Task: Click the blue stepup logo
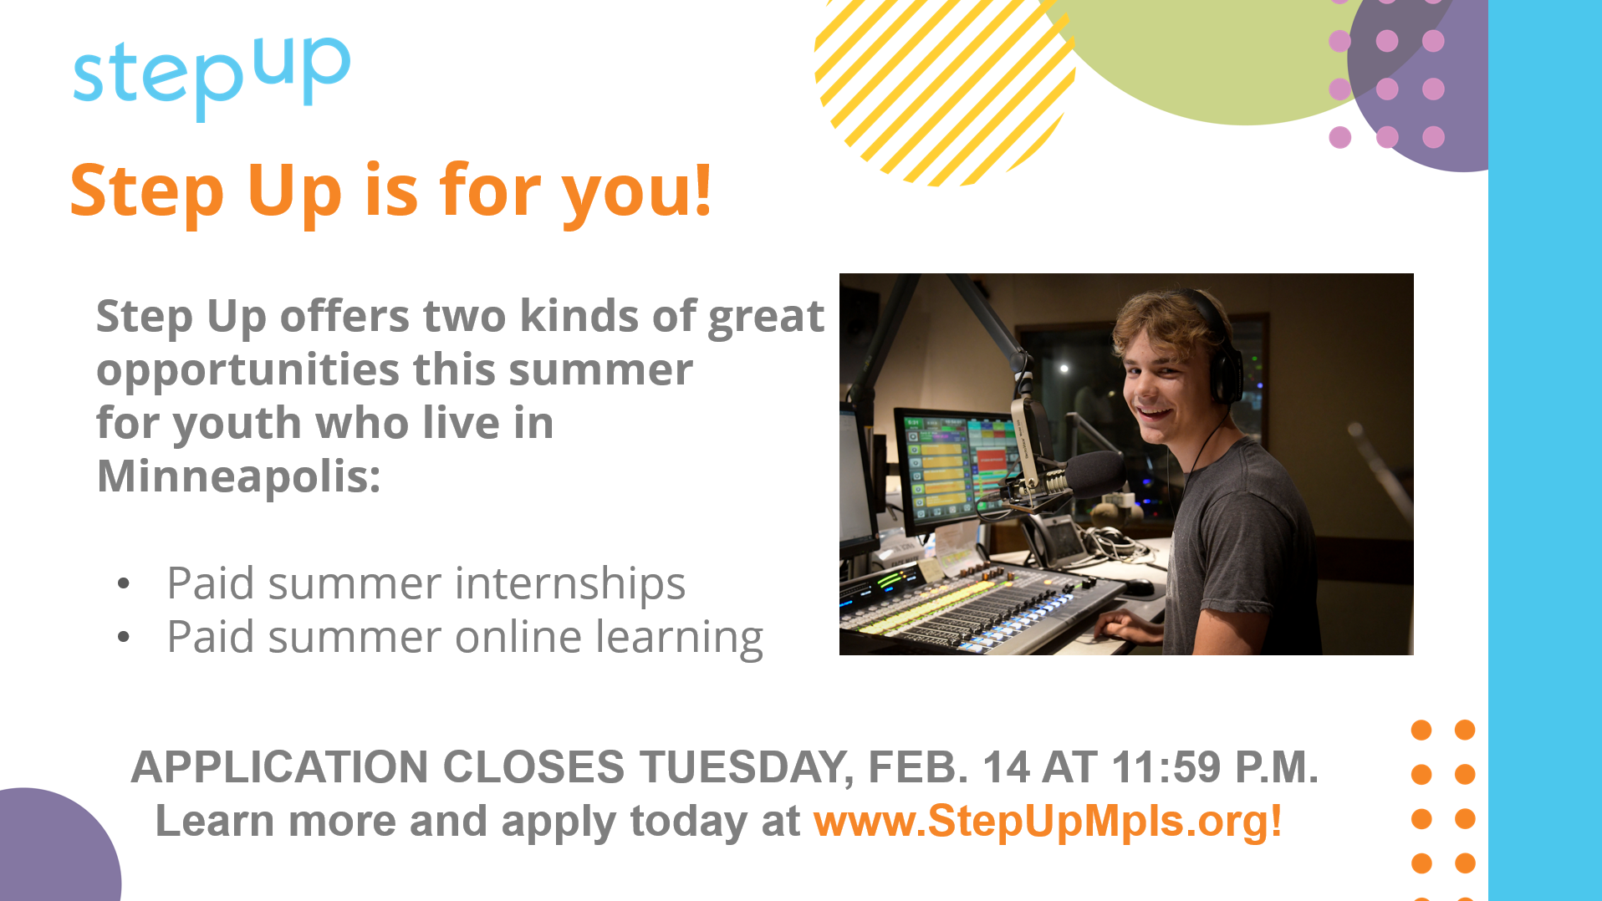coord(212,77)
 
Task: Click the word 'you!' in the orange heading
coord(636,192)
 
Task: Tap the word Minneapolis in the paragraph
coord(238,476)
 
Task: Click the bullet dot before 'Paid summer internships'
coord(124,583)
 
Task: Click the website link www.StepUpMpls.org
coord(1048,821)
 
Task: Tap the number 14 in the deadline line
coord(1006,766)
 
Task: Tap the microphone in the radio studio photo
coord(1079,475)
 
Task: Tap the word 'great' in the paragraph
coord(766,318)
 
